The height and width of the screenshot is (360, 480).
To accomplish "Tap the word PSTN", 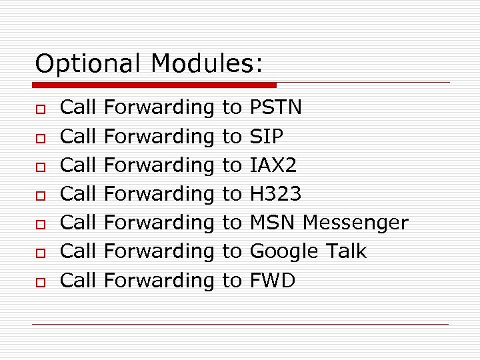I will click(x=275, y=107).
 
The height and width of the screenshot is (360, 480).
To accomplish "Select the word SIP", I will click(x=266, y=136).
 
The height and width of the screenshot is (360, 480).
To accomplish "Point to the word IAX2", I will click(x=273, y=165).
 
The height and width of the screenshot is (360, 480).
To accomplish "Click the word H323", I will click(x=275, y=194).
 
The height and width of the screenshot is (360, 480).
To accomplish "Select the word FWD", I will click(x=272, y=281).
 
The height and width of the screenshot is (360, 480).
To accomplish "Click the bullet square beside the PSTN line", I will click(x=40, y=108).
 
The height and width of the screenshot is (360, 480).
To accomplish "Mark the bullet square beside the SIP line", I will click(x=40, y=137).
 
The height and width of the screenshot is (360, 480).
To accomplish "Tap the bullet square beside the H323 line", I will click(x=40, y=195).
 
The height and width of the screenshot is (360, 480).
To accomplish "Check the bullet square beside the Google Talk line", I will click(x=40, y=253).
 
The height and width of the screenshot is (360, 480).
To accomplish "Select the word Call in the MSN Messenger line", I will click(x=79, y=223).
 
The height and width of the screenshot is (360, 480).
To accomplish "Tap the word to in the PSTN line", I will click(x=231, y=107).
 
